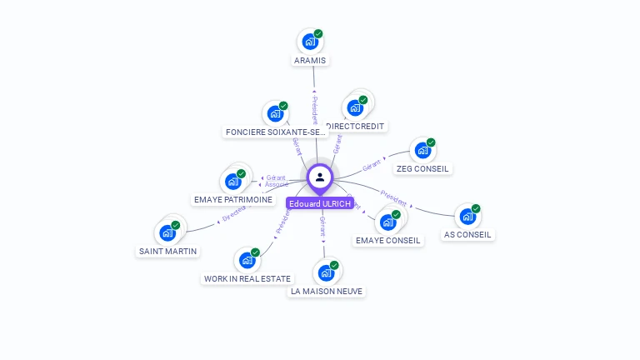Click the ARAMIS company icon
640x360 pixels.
point(310,41)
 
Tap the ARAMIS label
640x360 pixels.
point(311,60)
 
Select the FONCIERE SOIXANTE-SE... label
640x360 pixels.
point(275,132)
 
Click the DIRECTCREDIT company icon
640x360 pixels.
point(356,107)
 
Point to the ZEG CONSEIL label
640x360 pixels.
point(422,168)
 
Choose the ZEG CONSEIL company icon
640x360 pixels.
point(423,150)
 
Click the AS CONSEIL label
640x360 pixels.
point(467,235)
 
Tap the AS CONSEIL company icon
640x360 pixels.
point(468,217)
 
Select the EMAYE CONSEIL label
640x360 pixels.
point(388,240)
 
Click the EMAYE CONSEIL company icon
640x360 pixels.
point(388,222)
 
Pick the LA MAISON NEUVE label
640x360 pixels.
point(327,292)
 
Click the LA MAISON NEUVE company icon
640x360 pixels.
point(327,272)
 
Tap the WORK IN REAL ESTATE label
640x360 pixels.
point(247,278)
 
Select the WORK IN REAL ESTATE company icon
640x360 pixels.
point(247,260)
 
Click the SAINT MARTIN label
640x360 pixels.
point(167,251)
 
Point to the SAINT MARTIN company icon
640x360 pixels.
point(168,232)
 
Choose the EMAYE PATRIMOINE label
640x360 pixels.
point(232,200)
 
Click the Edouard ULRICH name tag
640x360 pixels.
point(320,203)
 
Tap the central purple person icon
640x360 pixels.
point(320,177)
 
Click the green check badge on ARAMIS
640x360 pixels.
point(318,34)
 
